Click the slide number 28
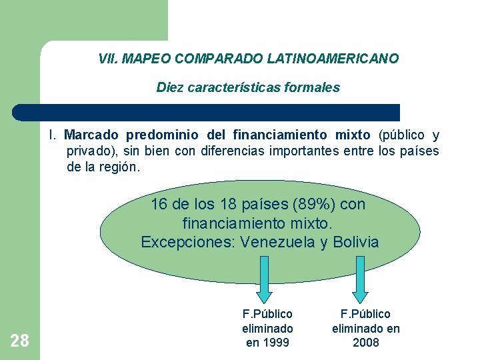[x=20, y=341]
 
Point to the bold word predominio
[x=158, y=135]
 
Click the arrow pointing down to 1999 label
[x=263, y=279]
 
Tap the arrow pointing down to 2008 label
[x=360, y=279]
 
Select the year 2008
[x=366, y=343]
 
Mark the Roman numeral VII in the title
[x=107, y=59]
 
